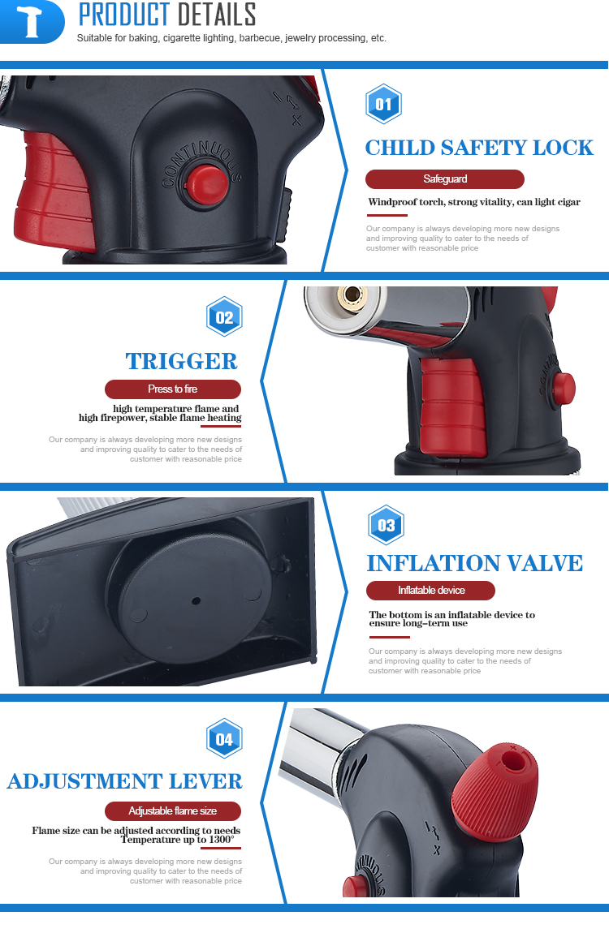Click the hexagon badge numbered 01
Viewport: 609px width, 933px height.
pos(383,104)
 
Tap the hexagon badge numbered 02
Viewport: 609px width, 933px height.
pos(224,316)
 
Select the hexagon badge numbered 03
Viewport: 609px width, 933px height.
pos(386,525)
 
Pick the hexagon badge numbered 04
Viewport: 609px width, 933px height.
pos(224,738)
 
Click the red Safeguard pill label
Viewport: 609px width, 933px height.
pos(445,179)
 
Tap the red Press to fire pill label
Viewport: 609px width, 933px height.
pos(173,389)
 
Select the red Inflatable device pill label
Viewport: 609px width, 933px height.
pos(430,591)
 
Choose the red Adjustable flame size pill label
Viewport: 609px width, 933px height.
pos(173,811)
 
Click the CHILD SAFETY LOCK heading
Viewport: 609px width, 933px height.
pos(479,148)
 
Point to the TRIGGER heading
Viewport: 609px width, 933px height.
pos(182,361)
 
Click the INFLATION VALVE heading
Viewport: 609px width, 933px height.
pos(474,563)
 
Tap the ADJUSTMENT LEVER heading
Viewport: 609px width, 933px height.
pos(124,781)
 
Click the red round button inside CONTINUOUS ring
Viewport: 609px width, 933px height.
pos(206,184)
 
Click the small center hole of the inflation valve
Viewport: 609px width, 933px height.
pos(196,600)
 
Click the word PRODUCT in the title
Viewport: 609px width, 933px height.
pos(124,15)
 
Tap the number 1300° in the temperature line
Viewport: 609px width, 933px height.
pos(222,840)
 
